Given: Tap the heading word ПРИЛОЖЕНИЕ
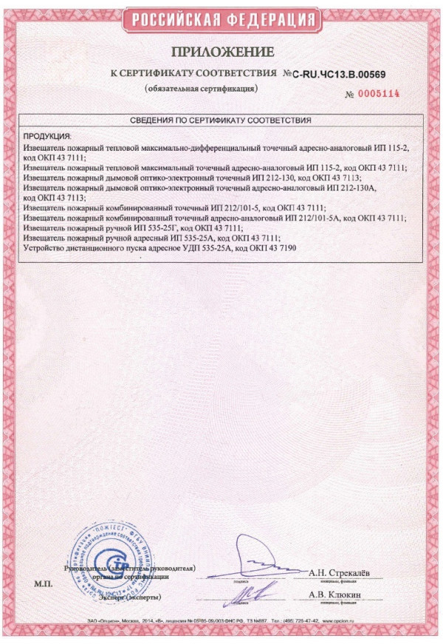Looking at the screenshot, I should point(222,52).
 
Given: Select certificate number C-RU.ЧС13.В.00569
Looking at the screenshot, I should point(340,75).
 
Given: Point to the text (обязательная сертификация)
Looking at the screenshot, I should point(201,89).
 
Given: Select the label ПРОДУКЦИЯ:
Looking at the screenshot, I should point(47,137).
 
